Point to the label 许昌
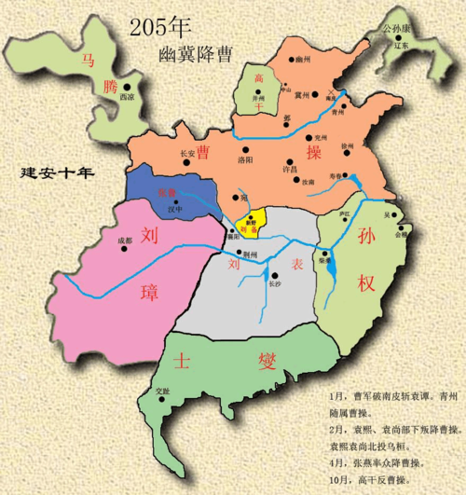tap(289, 170)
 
